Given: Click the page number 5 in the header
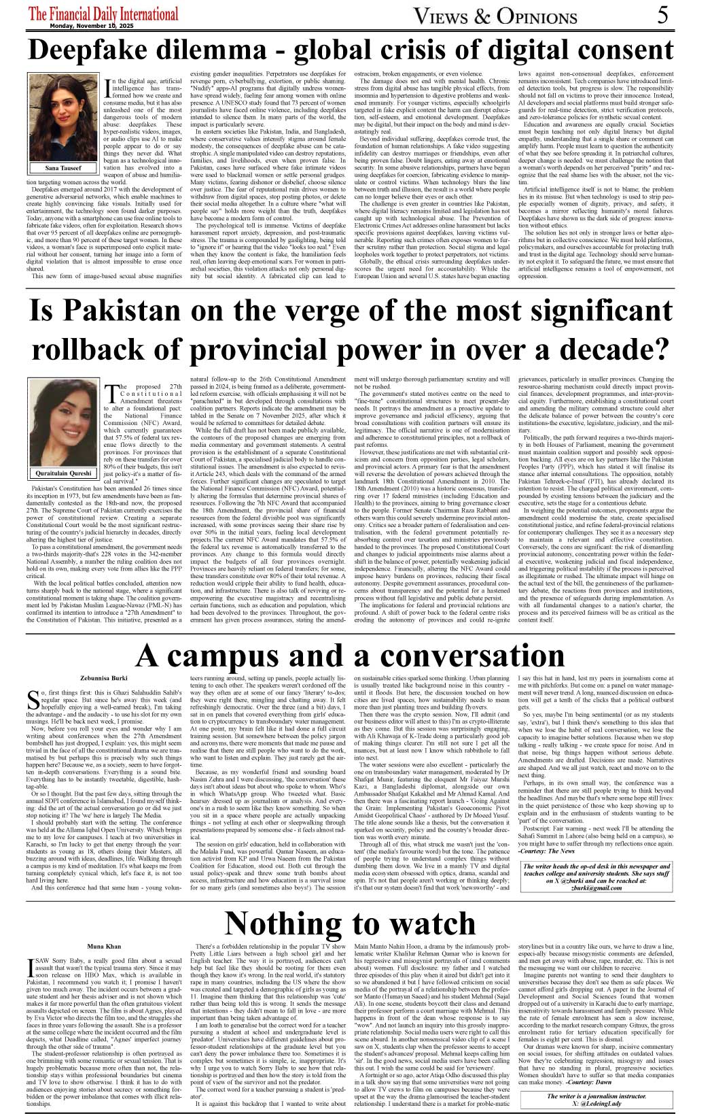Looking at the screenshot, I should (663, 14).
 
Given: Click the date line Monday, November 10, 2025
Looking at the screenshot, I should (92, 26).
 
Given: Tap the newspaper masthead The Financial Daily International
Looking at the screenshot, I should (103, 14).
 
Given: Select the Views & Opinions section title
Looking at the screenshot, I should (495, 16).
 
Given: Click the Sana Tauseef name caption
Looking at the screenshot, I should (63, 167).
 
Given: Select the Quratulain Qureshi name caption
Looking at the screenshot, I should (64, 473).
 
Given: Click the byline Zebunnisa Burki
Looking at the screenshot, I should (104, 679).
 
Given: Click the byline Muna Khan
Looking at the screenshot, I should (104, 946).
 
